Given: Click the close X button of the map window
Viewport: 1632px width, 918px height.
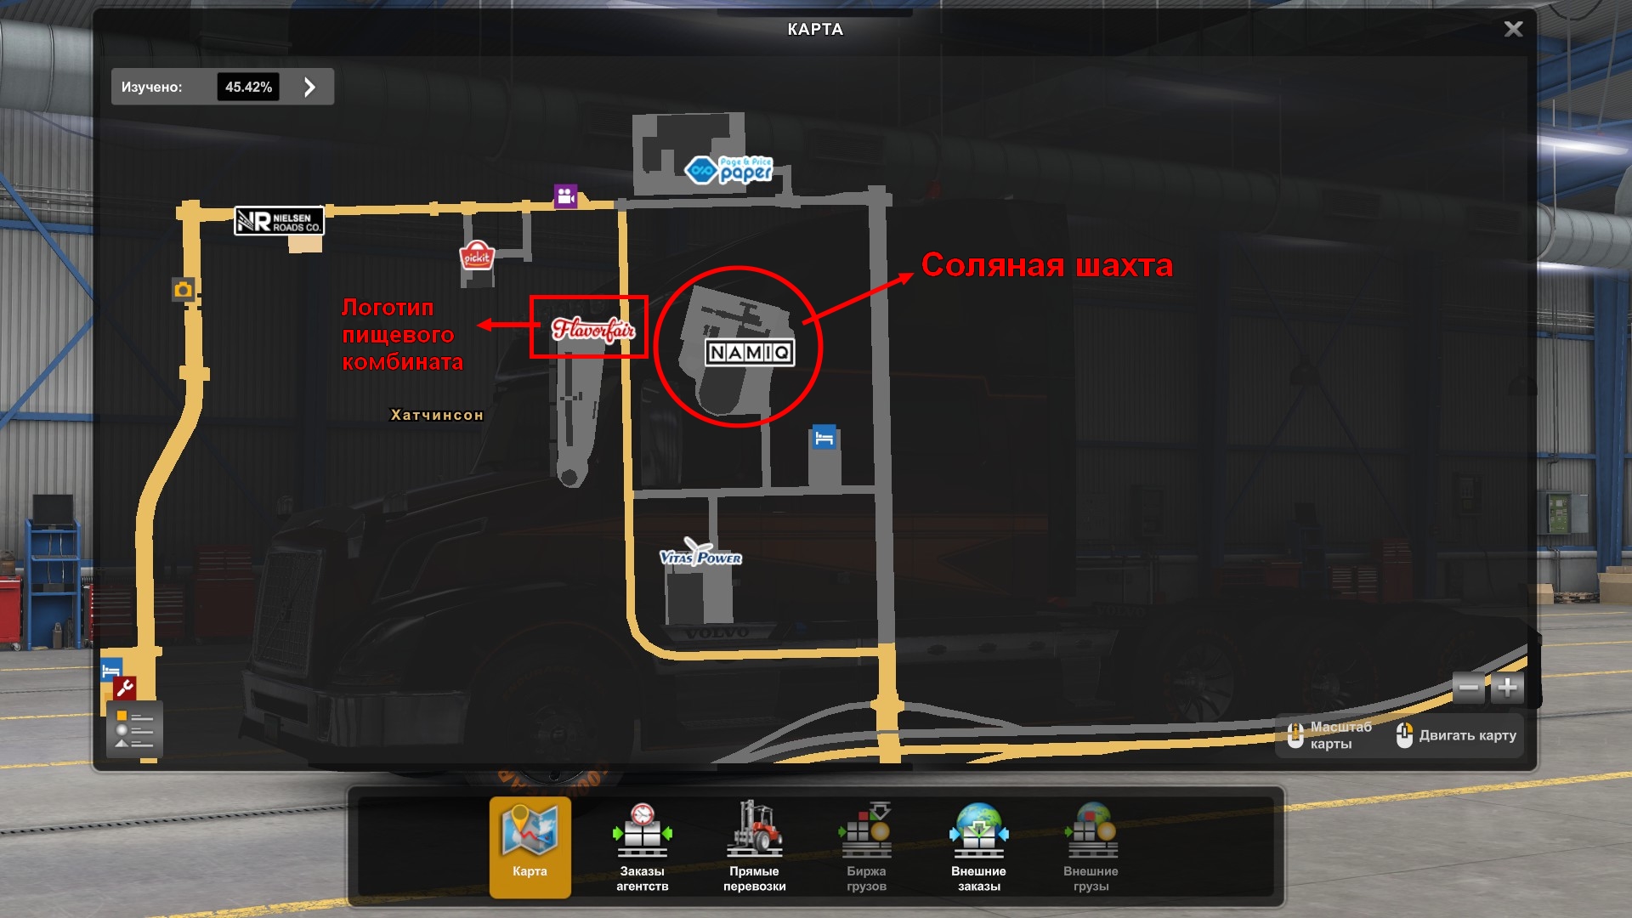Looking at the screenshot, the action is tap(1513, 29).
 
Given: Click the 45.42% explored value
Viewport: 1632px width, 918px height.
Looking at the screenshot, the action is tap(248, 87).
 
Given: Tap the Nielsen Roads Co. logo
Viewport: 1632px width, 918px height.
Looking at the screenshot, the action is tap(279, 221).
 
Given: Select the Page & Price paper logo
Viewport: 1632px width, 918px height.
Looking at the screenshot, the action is tap(729, 170).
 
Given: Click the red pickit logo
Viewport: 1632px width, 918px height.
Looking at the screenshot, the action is tap(477, 256).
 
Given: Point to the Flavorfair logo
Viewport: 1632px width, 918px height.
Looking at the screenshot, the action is tap(592, 329).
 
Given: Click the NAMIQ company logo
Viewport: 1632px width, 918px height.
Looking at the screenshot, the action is tap(750, 352).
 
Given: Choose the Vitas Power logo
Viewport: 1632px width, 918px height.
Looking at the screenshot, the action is tap(700, 555).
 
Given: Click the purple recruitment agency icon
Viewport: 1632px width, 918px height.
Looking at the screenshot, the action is tap(565, 196).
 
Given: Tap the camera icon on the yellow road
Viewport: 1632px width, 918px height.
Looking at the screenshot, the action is tap(183, 290).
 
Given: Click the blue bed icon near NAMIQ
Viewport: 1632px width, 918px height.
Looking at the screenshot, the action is tap(824, 438).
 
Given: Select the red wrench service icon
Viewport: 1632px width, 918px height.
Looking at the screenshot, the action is tap(125, 688).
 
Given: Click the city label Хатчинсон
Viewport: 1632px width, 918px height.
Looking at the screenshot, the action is tap(437, 415).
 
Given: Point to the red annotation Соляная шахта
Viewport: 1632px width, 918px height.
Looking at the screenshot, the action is tap(1046, 265).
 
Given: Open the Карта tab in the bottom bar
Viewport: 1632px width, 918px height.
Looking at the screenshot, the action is tap(530, 846).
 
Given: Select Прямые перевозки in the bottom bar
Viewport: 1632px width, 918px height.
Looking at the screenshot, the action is tap(754, 846).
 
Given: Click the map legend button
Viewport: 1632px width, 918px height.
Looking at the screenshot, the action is tap(134, 729).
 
